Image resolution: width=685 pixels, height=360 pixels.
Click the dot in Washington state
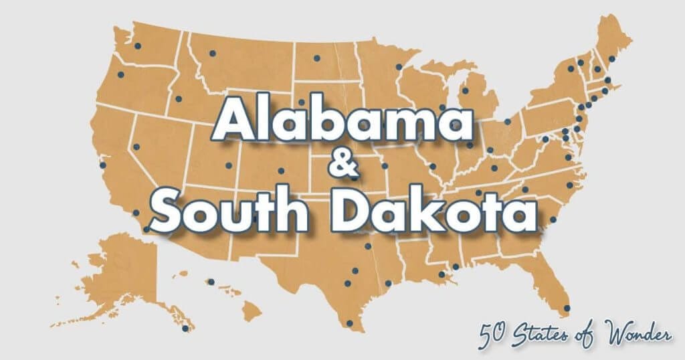coord(138,46)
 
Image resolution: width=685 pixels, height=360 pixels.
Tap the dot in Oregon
coord(121,75)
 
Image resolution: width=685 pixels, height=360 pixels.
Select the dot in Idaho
coord(178,99)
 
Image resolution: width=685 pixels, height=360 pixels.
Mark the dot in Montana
coord(213,53)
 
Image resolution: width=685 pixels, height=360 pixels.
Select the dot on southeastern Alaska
coord(185,329)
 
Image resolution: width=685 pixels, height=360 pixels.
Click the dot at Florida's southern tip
coord(567,308)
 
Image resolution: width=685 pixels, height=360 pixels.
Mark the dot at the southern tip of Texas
coord(349,323)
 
